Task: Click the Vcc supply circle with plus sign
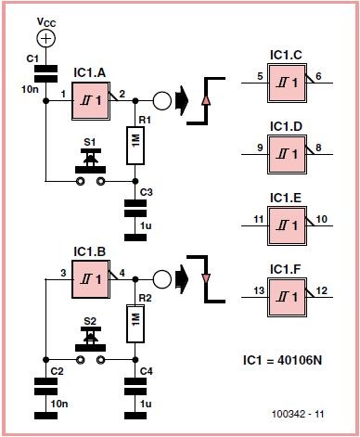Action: coord(45,38)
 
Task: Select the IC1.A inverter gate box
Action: coord(91,101)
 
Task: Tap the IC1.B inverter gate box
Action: coord(91,279)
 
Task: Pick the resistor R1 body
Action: coord(135,145)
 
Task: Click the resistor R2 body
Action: coord(135,324)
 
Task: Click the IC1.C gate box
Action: coord(288,83)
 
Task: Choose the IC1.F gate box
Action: coord(288,298)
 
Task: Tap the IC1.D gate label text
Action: coord(286,127)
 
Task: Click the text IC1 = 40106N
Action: coord(282,360)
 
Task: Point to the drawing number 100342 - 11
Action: coord(298,414)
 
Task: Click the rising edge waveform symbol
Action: coord(206,101)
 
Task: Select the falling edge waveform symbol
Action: coord(206,278)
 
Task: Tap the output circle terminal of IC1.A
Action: coord(162,101)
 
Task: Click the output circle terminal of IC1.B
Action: coord(162,279)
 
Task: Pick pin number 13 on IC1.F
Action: coord(259,290)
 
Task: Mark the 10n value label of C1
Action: coord(30,90)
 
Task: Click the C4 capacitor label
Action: coord(147,371)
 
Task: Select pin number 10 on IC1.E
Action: coord(322,219)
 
